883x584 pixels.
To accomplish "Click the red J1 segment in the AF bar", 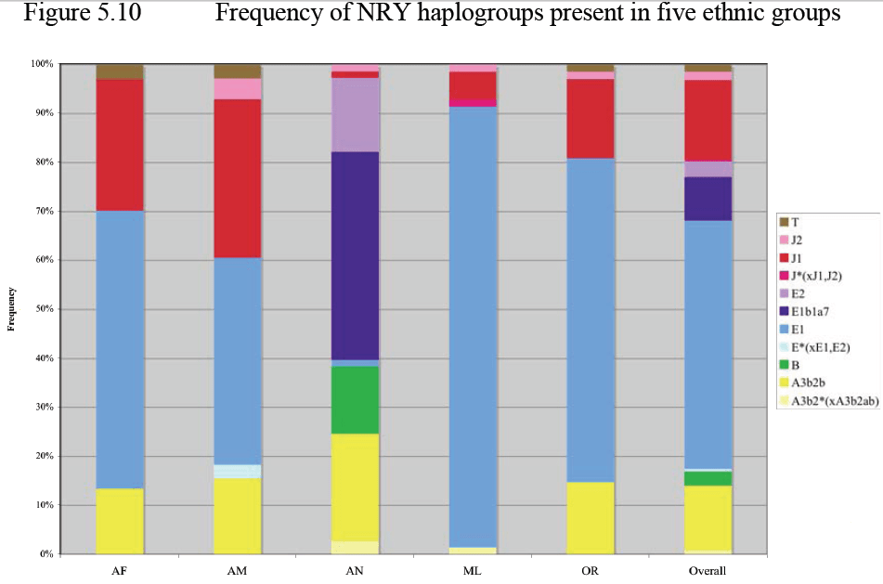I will click(x=120, y=145).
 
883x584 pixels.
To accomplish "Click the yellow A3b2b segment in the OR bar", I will click(x=591, y=517).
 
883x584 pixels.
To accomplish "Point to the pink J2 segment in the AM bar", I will click(x=237, y=88).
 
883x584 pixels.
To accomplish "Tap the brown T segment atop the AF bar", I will click(x=120, y=71).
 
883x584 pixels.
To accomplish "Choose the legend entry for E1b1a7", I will click(x=812, y=311).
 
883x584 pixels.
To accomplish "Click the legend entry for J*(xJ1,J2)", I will click(x=818, y=275).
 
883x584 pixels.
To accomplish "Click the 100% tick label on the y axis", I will click(x=41, y=64).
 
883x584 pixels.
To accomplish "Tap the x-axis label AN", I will click(x=355, y=570).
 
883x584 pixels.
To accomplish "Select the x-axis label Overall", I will click(x=708, y=570).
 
